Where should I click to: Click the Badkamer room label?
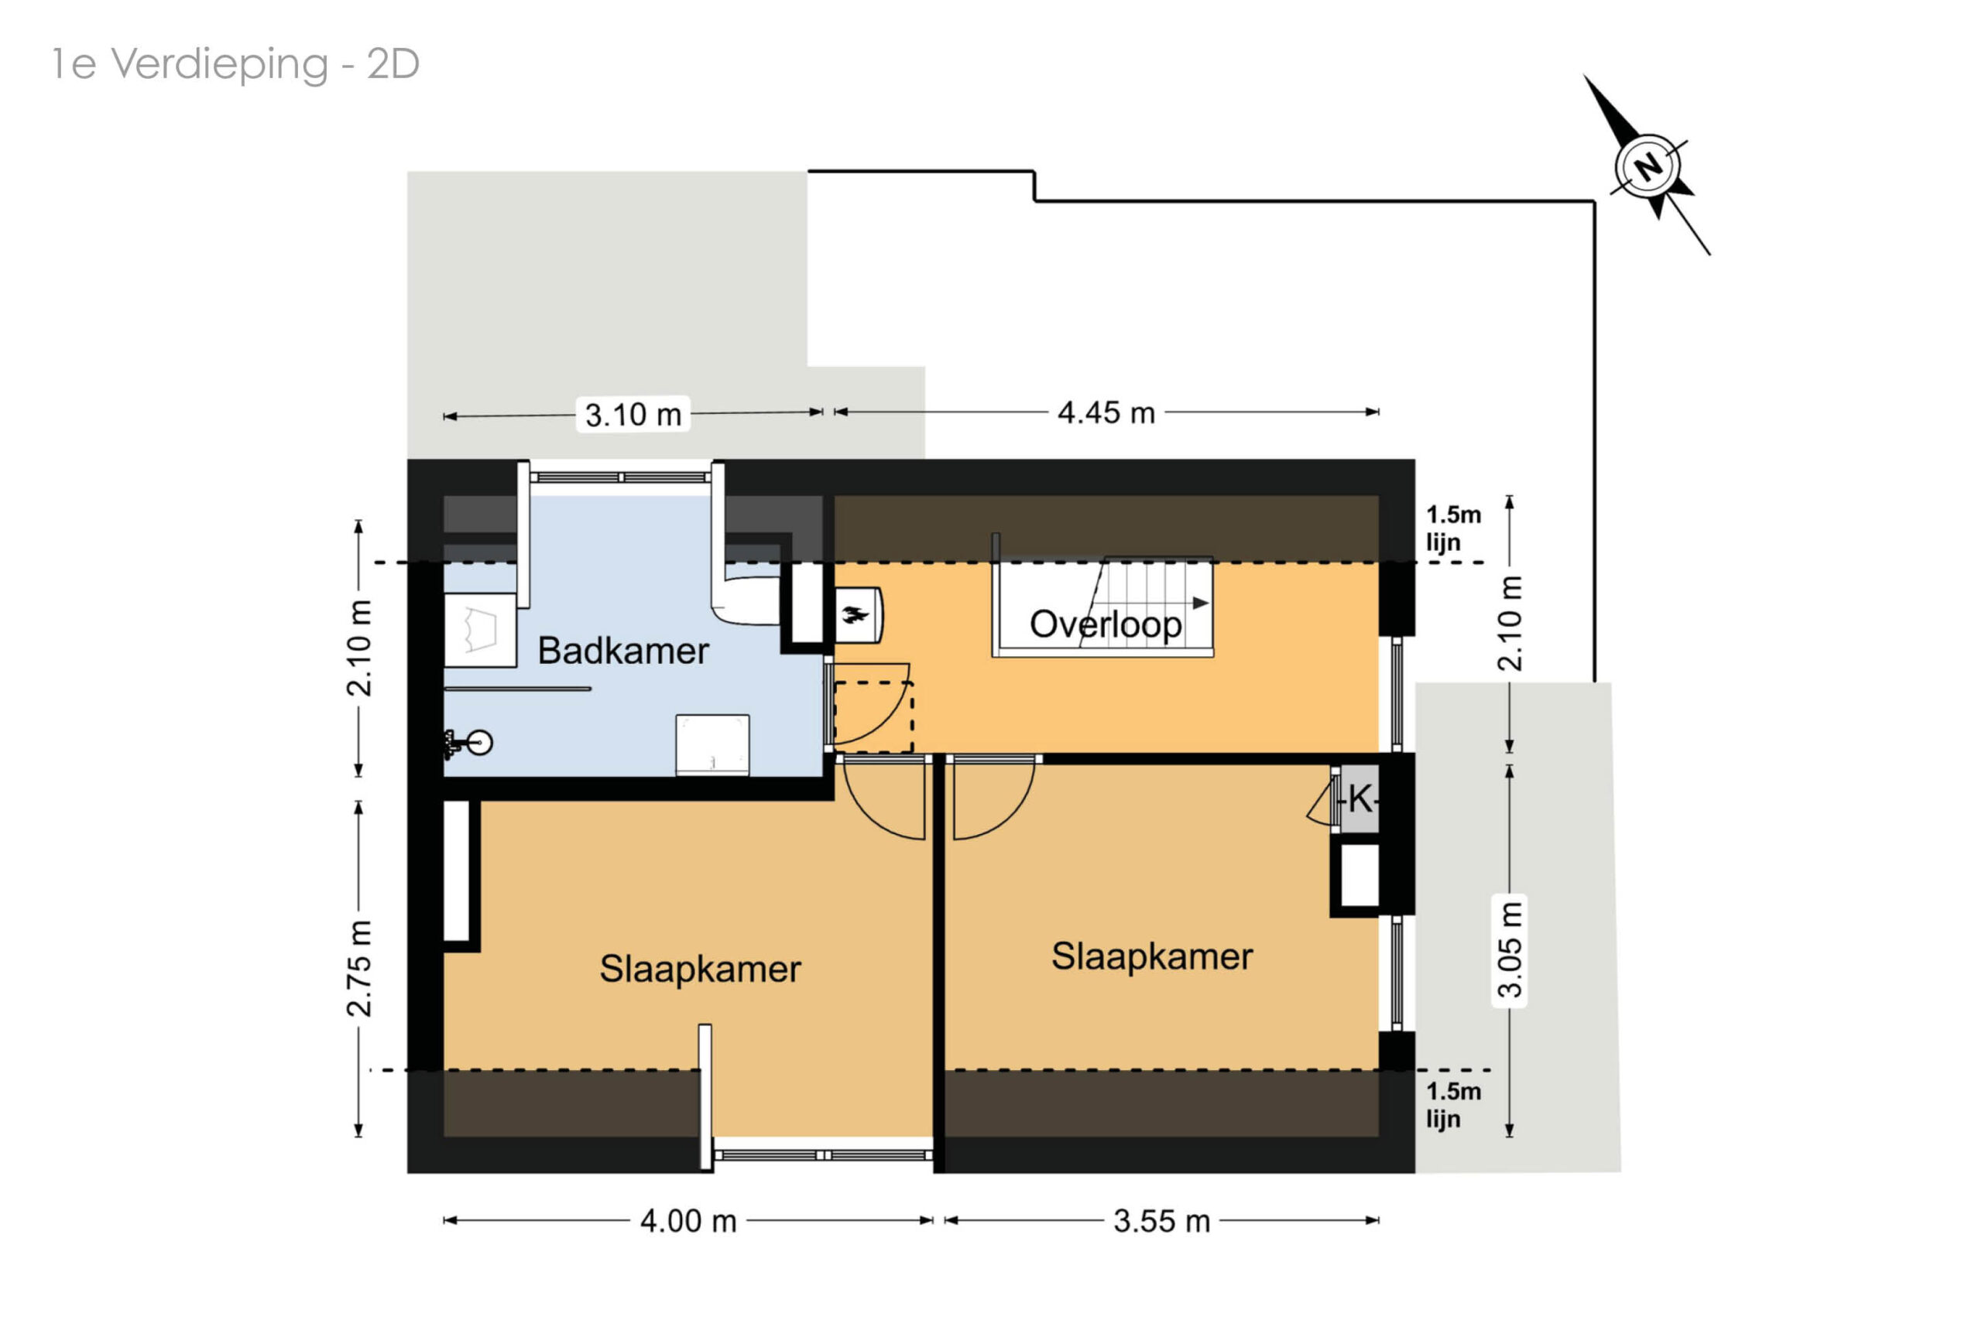tap(622, 651)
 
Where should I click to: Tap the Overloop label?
tap(1105, 624)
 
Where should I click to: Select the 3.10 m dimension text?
tap(633, 415)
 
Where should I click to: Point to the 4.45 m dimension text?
tap(1106, 412)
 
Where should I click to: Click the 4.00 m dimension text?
tap(688, 1221)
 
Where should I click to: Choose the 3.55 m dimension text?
tap(1161, 1221)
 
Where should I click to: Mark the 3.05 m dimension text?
tap(1510, 949)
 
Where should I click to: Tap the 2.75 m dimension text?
tap(358, 969)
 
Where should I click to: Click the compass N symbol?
tap(1648, 166)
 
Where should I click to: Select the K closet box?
tap(1359, 798)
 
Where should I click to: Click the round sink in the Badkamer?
tap(479, 743)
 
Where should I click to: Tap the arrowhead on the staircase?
tap(1201, 603)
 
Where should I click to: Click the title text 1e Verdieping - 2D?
tap(235, 64)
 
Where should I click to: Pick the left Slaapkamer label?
tap(700, 969)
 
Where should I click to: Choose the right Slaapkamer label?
tap(1151, 956)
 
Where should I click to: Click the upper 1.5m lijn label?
tap(1453, 528)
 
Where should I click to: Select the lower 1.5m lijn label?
tap(1453, 1104)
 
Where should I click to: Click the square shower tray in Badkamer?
tap(712, 745)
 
